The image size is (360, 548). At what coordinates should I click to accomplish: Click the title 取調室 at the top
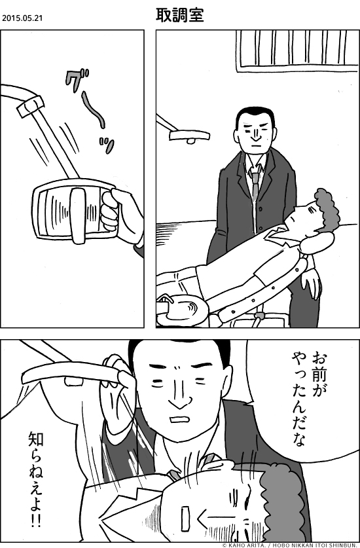tap(180, 16)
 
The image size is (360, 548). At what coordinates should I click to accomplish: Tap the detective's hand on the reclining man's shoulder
tap(312, 283)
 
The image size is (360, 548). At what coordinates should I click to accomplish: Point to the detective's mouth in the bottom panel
tap(179, 420)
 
